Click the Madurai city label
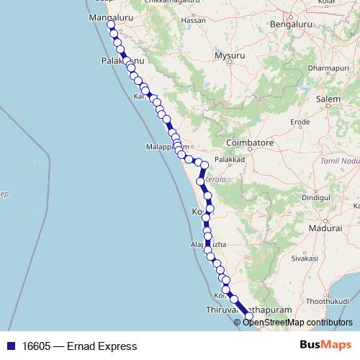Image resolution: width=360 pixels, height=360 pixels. coord(323,228)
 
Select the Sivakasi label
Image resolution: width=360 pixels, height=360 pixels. coord(305,256)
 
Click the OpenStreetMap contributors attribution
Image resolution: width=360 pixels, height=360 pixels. coord(297,322)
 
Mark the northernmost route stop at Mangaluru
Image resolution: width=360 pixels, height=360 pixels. coord(111,25)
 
